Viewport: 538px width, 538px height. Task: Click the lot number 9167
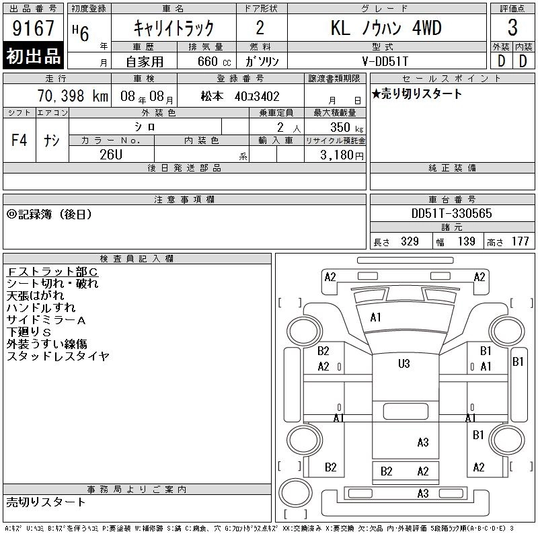(33, 28)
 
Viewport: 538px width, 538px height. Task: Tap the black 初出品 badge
(33, 56)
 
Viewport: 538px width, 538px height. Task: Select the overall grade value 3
(512, 28)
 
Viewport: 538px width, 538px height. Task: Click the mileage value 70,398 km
(73, 96)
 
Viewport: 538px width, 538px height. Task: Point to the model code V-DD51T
(385, 61)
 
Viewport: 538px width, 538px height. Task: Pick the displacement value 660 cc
(214, 62)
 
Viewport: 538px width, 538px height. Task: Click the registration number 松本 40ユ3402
(240, 96)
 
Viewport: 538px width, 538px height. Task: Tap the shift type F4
(20, 140)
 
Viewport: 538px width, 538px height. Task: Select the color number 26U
(111, 155)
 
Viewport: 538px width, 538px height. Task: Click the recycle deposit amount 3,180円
(342, 155)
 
